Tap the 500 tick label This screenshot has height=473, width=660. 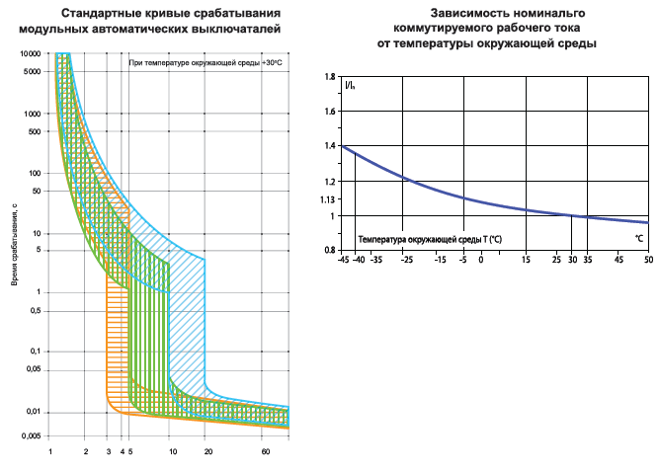point(35,131)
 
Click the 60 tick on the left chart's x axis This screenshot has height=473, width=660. point(265,451)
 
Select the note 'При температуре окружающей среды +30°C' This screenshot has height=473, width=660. point(205,63)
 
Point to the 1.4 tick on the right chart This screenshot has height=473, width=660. point(331,146)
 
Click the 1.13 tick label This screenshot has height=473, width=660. point(329,199)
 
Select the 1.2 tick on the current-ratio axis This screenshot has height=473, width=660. point(331,182)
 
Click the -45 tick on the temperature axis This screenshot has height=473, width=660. point(343,260)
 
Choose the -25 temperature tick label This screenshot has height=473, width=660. point(405,260)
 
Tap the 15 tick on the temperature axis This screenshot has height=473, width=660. point(526,260)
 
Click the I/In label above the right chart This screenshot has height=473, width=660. point(351,86)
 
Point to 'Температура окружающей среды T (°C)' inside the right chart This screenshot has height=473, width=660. point(430,239)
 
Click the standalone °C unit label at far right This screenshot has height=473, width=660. point(639,239)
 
